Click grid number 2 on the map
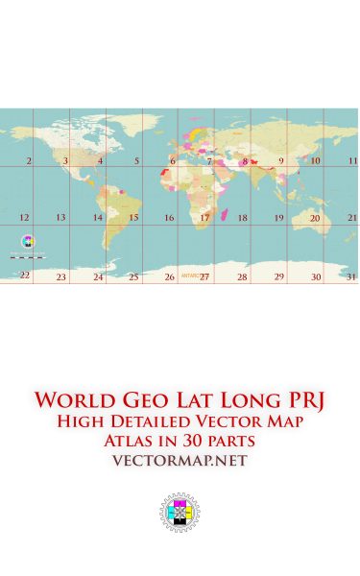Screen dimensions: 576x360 point(29,161)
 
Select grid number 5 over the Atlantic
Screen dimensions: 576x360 point(136,161)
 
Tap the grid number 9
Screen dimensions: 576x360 point(281,161)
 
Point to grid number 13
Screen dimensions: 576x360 point(60,218)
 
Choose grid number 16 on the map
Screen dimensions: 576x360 point(169,218)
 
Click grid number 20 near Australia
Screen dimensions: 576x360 point(315,218)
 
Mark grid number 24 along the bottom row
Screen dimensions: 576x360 point(98,276)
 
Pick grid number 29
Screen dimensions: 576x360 point(278,276)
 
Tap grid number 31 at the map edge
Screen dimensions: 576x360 point(351,276)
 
